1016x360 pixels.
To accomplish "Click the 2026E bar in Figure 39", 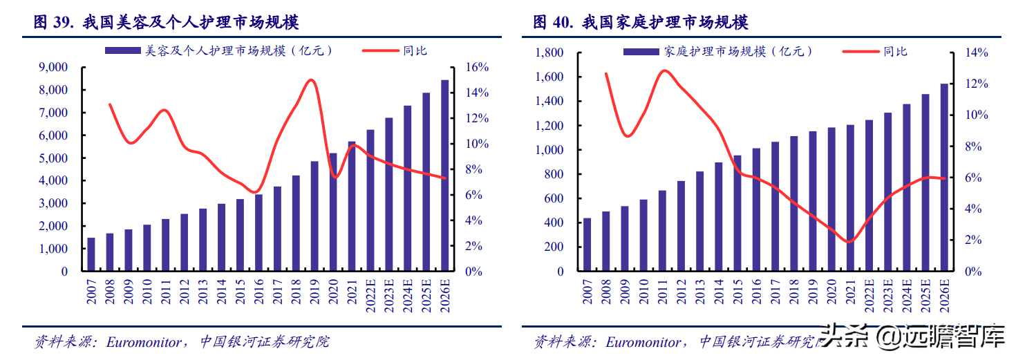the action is point(444,176).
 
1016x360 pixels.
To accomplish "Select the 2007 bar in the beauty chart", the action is point(91,254).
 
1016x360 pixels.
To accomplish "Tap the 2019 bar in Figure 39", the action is point(314,216).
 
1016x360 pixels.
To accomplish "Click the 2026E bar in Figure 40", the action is point(944,178).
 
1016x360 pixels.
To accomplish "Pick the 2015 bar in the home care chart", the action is point(737,213).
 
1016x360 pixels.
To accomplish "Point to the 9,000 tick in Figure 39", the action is point(53,68).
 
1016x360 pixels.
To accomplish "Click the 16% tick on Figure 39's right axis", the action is point(477,68).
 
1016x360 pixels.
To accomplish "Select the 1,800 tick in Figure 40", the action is point(549,53).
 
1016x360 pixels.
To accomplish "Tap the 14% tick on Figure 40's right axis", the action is point(977,53).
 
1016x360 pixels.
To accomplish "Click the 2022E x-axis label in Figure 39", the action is point(370,296).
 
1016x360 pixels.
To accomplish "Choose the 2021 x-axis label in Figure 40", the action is point(850,292).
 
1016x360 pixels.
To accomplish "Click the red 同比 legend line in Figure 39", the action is point(380,50).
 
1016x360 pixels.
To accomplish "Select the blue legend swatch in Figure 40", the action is point(641,52).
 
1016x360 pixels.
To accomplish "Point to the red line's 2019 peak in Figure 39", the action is point(311,80).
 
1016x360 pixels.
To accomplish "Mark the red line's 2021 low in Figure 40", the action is point(849,242).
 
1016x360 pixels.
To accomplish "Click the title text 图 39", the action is point(54,22).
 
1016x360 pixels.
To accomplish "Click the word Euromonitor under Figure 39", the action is point(144,342).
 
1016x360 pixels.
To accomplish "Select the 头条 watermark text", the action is point(844,337).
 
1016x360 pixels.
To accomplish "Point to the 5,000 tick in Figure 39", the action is point(53,158).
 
